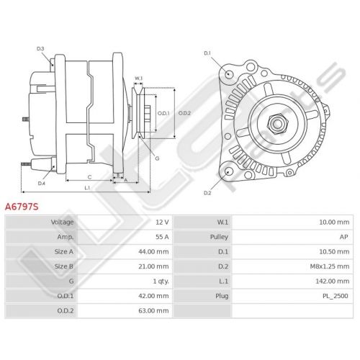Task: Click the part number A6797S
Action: coord(22,207)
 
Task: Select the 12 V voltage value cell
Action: coord(162,222)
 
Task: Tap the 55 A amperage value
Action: coord(162,237)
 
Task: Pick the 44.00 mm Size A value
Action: coord(153,252)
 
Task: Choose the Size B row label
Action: coord(64,266)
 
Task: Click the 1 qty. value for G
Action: coord(161,282)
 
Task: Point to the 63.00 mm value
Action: coord(153,311)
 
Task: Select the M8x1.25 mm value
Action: coord(330,266)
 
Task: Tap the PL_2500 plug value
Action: coord(336,296)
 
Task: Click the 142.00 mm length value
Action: coord(333,282)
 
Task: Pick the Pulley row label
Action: coord(219,237)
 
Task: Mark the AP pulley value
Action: coord(343,237)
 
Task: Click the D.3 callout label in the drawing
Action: coord(40,49)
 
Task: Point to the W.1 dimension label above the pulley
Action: coord(138,78)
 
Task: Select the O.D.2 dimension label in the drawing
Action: coord(184,113)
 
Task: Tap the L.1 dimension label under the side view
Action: coord(87,188)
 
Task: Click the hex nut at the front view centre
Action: coord(277,124)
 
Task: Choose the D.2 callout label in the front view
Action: coord(207,193)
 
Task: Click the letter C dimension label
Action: coord(89,177)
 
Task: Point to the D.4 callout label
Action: coord(42,184)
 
